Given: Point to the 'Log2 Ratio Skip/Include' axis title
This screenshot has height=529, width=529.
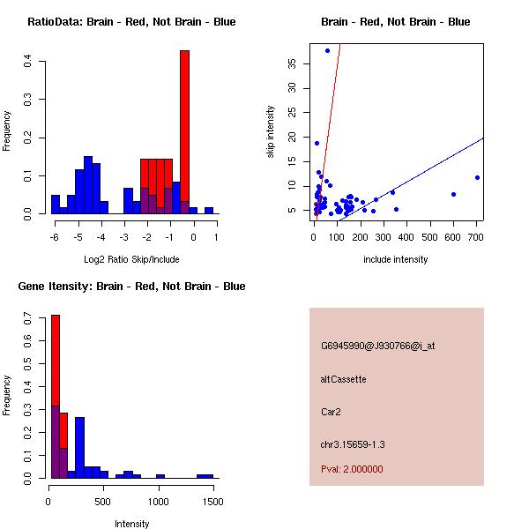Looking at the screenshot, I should click(x=130, y=259).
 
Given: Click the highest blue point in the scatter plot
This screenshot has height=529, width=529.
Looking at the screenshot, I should click(x=327, y=50).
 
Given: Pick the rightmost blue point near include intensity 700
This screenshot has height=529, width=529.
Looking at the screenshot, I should click(x=477, y=177).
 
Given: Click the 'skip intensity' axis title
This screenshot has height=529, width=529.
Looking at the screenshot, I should click(x=272, y=132).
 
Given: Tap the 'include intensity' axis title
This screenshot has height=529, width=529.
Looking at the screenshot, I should click(x=396, y=259).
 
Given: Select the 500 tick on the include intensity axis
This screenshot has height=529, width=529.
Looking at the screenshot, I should click(x=430, y=237).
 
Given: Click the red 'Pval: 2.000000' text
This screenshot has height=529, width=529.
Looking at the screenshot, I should click(x=352, y=469).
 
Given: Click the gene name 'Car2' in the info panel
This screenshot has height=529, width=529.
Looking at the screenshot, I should click(x=332, y=411).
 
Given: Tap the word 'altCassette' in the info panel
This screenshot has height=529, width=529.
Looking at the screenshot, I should click(x=343, y=379).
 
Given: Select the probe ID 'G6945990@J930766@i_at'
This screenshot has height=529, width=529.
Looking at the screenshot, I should click(x=377, y=346).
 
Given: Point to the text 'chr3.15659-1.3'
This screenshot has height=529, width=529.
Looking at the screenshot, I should click(x=353, y=444).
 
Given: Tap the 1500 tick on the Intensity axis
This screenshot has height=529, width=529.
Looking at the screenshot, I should click(x=212, y=502).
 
